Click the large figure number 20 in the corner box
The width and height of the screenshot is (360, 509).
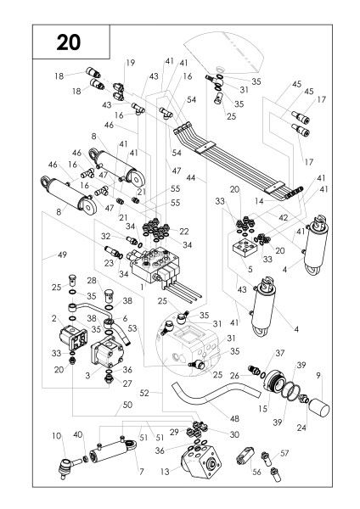(68, 42)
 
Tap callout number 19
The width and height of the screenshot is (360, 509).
(130, 63)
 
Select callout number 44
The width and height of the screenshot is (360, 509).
(191, 177)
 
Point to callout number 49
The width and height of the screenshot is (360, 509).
(62, 255)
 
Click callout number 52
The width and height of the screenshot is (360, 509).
(144, 393)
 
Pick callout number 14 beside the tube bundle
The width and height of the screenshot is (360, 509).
(259, 201)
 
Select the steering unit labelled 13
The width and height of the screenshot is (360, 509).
(201, 461)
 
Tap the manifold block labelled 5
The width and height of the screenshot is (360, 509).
(245, 249)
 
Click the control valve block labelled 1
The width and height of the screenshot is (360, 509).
(156, 265)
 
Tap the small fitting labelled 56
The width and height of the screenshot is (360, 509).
(245, 456)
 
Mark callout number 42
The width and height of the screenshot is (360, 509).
(284, 217)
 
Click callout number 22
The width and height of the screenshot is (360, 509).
(184, 231)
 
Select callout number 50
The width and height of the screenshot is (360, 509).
(127, 405)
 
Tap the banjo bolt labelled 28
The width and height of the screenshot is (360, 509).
(109, 296)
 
